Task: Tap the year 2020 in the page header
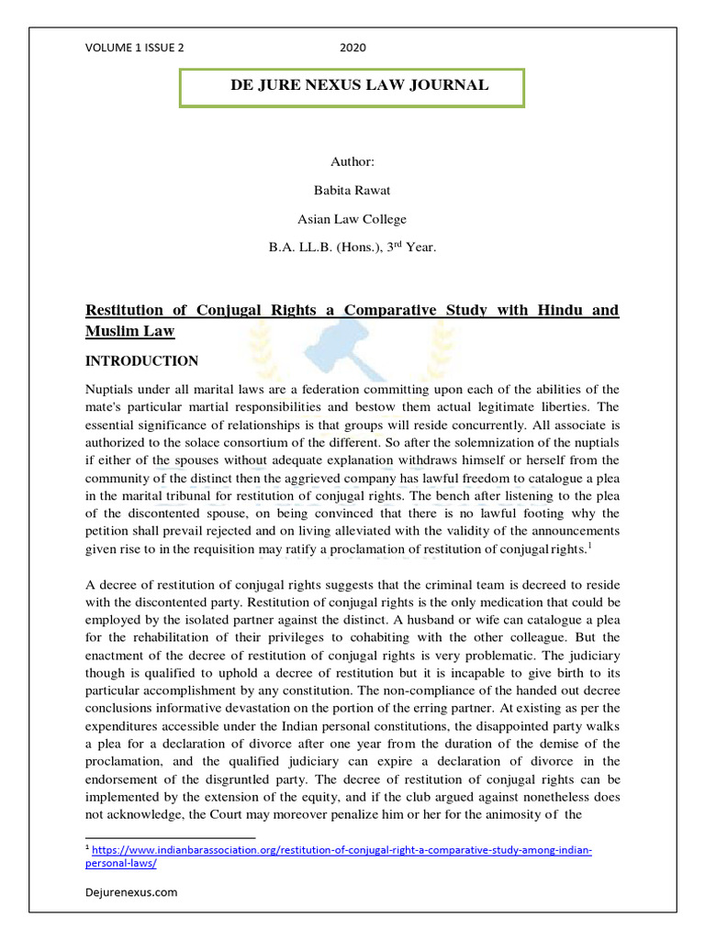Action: [352, 49]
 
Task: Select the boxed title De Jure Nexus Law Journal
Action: [352, 85]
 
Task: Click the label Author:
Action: [352, 161]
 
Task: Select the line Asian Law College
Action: [352, 219]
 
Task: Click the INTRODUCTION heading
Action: [141, 361]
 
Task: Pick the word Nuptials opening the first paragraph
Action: [112, 390]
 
